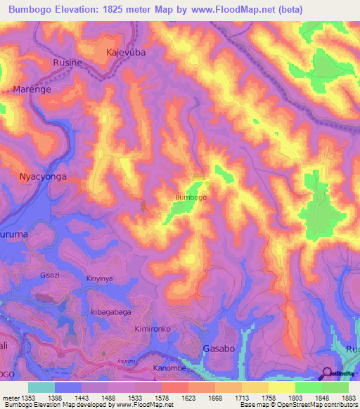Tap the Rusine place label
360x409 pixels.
[68, 63]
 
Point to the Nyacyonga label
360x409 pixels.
[43, 177]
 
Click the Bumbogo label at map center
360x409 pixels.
[191, 197]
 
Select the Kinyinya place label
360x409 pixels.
[99, 279]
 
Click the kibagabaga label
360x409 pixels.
[110, 310]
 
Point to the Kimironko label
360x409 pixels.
[153, 329]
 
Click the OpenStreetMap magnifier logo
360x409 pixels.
[328, 373]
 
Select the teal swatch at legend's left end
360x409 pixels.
[41, 387]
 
